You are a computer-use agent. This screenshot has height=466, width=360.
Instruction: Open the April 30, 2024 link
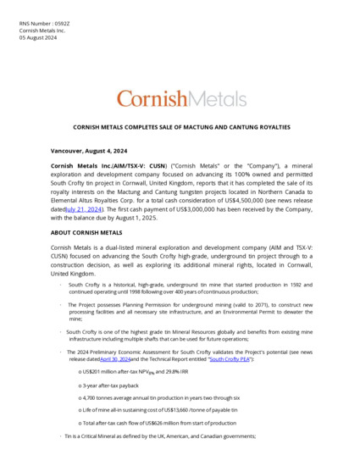115,359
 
